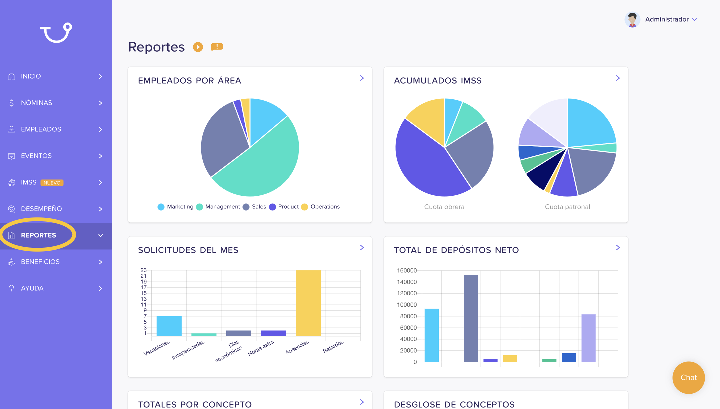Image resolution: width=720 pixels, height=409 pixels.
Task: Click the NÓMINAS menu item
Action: point(36,103)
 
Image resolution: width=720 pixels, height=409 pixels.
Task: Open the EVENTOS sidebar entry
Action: point(36,156)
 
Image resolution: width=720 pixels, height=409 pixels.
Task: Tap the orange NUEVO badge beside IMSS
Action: point(52,182)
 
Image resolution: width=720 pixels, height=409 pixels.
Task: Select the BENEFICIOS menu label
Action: point(40,262)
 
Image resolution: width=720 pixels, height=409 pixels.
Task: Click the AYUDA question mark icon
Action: point(11,288)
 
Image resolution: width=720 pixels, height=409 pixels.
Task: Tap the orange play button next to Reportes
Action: point(198,47)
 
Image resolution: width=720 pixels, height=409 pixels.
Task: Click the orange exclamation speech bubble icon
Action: point(217,47)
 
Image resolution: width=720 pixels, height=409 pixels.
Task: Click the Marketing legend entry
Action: point(175,207)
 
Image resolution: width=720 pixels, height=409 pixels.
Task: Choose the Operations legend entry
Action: point(320,207)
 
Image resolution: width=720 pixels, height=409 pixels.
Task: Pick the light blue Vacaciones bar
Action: point(169,326)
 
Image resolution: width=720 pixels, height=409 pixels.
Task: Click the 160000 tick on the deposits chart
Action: point(406,270)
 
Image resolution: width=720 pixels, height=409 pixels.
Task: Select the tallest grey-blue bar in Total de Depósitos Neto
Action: point(471,318)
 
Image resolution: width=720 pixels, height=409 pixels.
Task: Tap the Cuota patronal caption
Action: point(567,207)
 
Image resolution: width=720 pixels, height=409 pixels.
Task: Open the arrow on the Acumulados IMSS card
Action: point(618,78)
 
